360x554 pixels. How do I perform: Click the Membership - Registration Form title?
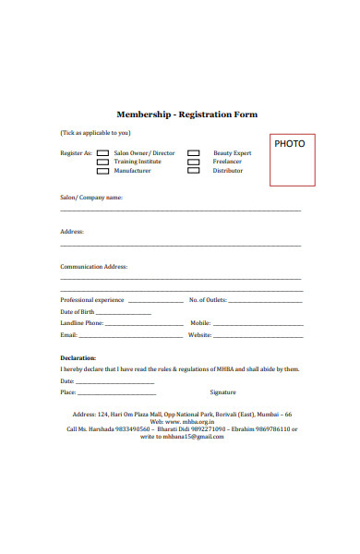pyautogui.click(x=186, y=114)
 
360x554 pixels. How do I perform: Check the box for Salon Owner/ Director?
pyautogui.click(x=102, y=153)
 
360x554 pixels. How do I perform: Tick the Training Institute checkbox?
pyautogui.click(x=102, y=162)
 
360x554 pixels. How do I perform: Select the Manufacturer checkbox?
pyautogui.click(x=102, y=171)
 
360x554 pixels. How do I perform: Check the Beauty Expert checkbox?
pyautogui.click(x=194, y=153)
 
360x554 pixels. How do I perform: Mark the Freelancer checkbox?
pyautogui.click(x=194, y=162)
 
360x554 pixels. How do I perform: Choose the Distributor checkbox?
pyautogui.click(x=194, y=171)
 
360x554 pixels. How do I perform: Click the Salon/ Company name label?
pyautogui.click(x=90, y=198)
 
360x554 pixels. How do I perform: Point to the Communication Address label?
pyautogui.click(x=93, y=266)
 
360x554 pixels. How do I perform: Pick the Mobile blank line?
pyautogui.click(x=258, y=325)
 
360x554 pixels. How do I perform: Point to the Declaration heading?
pyautogui.click(x=78, y=357)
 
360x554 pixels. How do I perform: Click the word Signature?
pyautogui.click(x=223, y=392)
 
